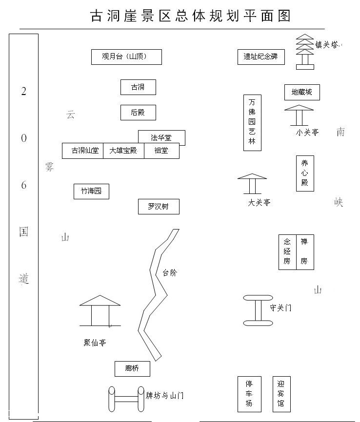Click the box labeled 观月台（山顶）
tap(126, 57)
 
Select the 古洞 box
tap(138, 87)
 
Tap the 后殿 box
tap(138, 113)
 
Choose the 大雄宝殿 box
tap(123, 151)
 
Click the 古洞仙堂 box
tap(82, 151)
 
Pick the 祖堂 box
tap(161, 151)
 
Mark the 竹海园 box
tap(91, 192)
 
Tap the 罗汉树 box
tap(159, 207)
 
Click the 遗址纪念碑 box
tap(261, 57)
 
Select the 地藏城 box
tap(302, 92)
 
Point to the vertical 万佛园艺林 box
tap(252, 122)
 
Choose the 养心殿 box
tap(305, 173)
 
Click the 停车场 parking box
tap(249, 394)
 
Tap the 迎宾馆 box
tap(281, 394)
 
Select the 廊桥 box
tap(132, 368)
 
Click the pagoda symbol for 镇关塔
tap(305, 51)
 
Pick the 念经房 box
tap(287, 252)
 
